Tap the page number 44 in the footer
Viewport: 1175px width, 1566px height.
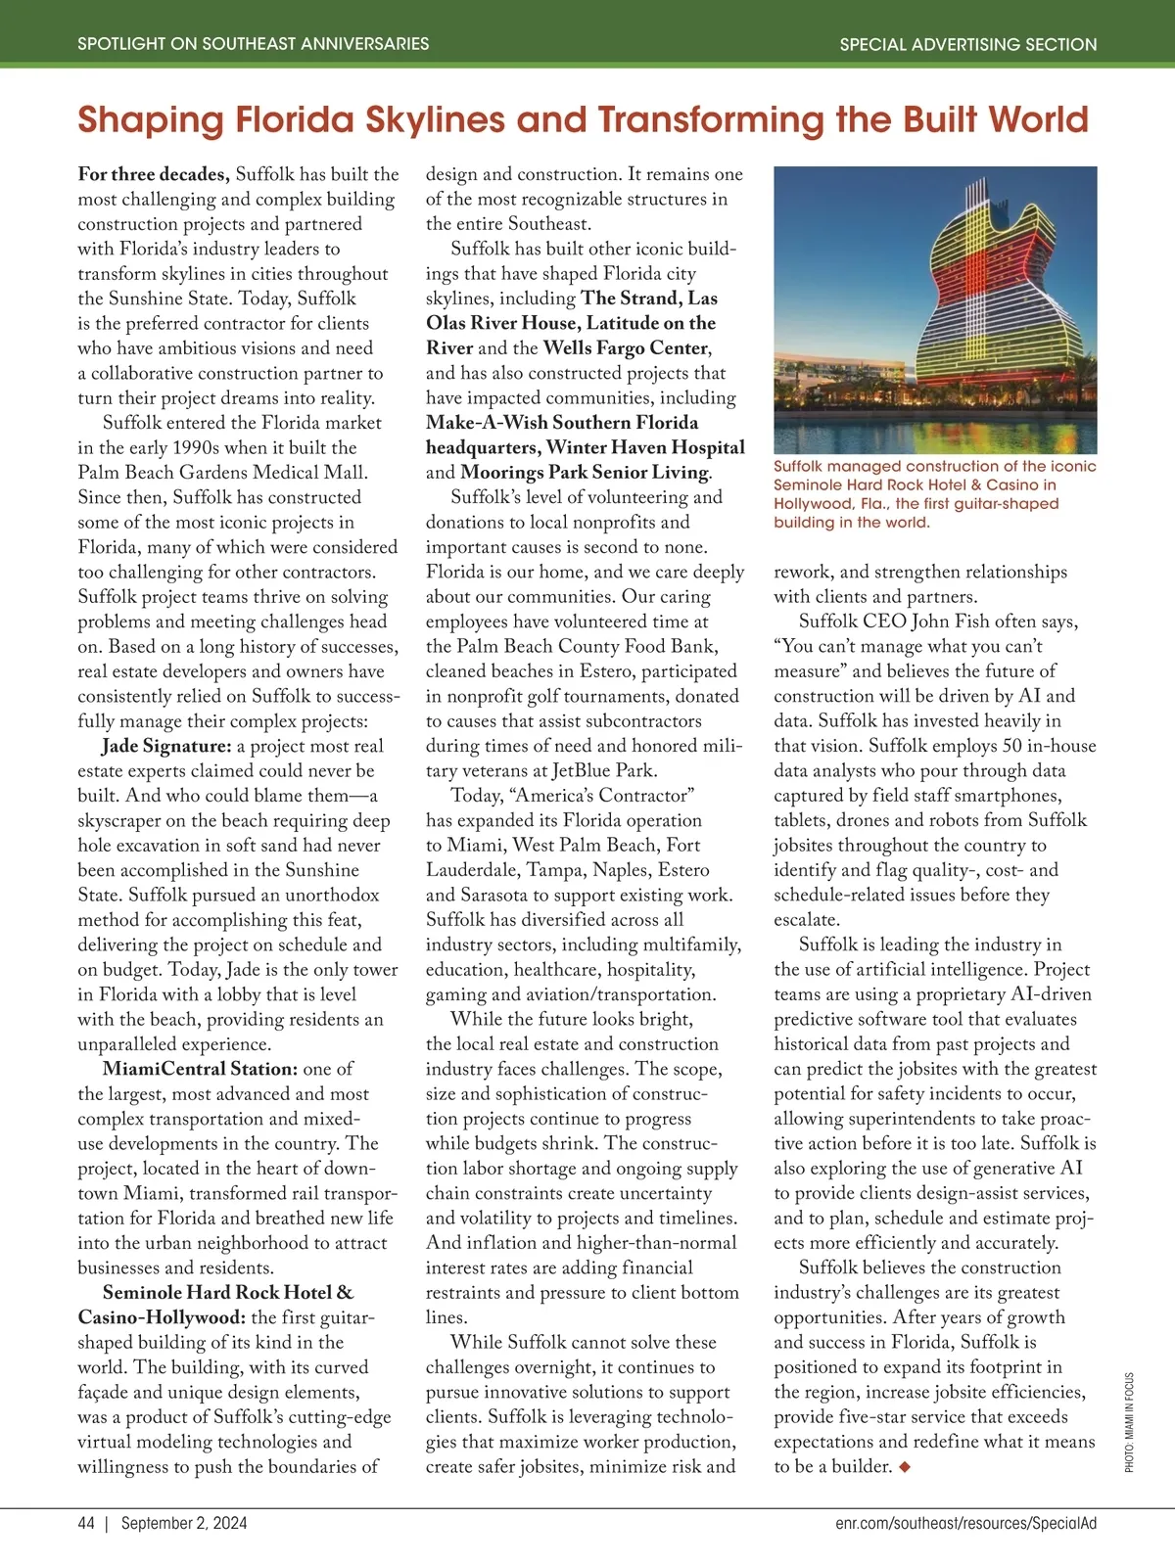(86, 1523)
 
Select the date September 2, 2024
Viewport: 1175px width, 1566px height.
(184, 1523)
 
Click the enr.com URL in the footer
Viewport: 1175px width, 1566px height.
(965, 1523)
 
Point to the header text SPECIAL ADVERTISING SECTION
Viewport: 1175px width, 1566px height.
(967, 44)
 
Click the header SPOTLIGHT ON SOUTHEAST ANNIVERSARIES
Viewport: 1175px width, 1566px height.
(253, 44)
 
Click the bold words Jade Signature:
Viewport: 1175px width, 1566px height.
(166, 746)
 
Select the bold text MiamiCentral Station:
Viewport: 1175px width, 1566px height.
(200, 1069)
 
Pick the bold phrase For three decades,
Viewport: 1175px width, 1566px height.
(154, 174)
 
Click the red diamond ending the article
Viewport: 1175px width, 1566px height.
(904, 1466)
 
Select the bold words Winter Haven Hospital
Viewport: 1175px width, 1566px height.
(645, 447)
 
